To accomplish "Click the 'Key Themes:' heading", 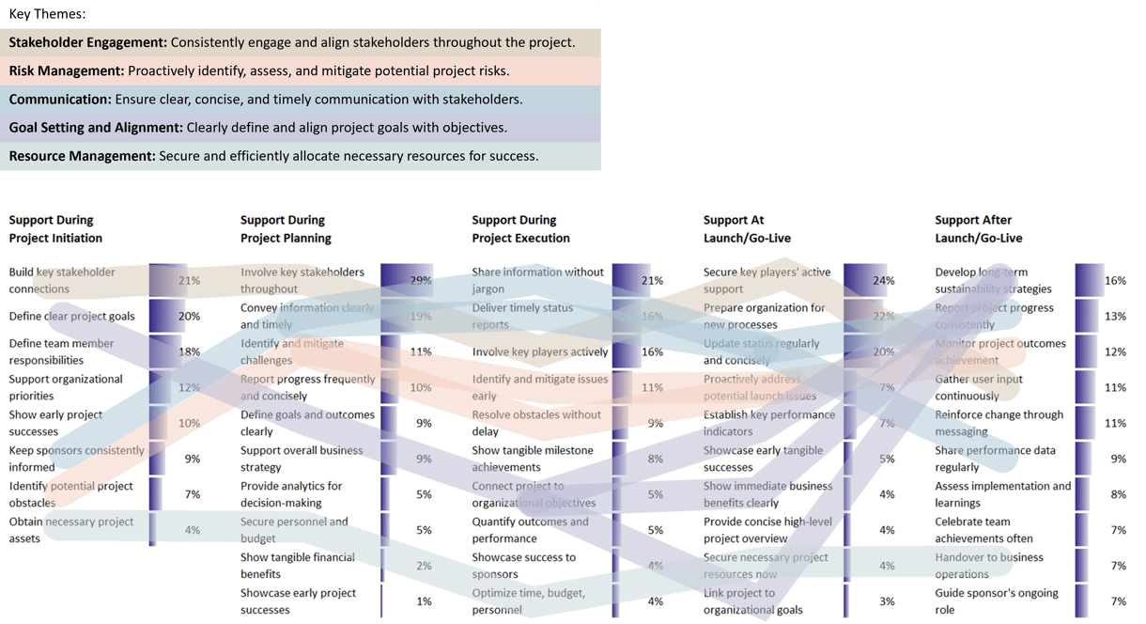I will tap(47, 14).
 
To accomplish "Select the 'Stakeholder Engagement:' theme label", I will tap(88, 42).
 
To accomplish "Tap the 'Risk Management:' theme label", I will tap(67, 70).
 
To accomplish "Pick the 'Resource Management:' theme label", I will tap(82, 156).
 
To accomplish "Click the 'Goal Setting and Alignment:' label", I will tap(96, 127).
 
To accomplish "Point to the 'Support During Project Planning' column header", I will tap(286, 228).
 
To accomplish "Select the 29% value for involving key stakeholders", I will tap(421, 281).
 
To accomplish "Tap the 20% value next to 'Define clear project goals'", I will tap(189, 317).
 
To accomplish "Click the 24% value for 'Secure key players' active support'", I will tap(883, 281).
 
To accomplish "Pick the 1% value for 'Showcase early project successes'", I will tap(424, 601).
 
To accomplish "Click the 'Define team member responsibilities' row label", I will tap(61, 351).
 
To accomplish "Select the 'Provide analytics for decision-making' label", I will tap(291, 494).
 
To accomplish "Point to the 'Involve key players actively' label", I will tap(539, 352).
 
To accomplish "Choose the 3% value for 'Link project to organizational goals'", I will tap(887, 601).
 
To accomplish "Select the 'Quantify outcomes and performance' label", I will tap(530, 530).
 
